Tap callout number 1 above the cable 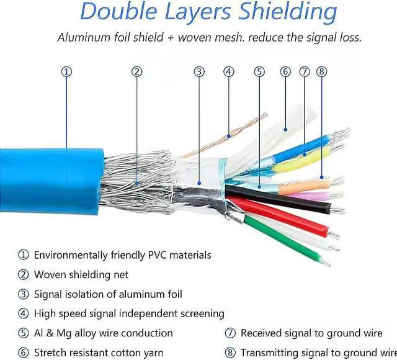[x=67, y=71]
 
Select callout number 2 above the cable [x=137, y=71]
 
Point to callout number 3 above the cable [x=199, y=71]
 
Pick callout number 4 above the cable [x=229, y=71]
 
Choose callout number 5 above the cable [x=259, y=71]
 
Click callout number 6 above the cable [x=285, y=71]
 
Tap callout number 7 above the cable [x=304, y=71]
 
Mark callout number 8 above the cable [x=321, y=71]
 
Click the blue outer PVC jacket [x=50, y=180]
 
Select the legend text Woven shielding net [x=81, y=274]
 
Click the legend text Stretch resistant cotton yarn [x=99, y=353]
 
